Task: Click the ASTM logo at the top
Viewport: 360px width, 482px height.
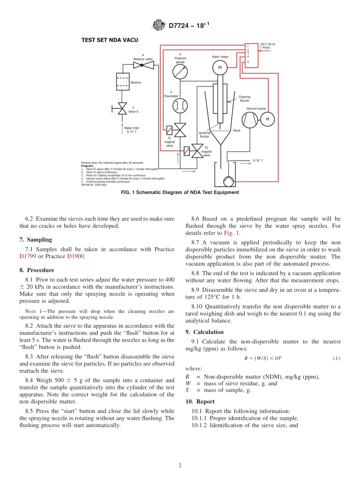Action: pos(158,25)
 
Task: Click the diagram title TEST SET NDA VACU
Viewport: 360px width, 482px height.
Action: pos(110,40)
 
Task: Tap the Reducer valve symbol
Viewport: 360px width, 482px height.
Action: pos(143,65)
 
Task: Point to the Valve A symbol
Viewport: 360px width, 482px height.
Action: pos(122,109)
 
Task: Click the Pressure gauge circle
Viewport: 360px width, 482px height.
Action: pos(180,71)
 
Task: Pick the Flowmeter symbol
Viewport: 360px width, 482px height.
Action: pos(180,106)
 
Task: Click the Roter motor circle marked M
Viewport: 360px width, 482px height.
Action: pos(220,68)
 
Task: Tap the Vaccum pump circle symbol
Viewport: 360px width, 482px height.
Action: pos(249,120)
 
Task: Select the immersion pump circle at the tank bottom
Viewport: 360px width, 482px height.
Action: pos(229,181)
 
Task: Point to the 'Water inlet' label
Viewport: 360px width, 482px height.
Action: pos(131,128)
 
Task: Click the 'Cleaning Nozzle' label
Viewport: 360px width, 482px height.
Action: pos(244,99)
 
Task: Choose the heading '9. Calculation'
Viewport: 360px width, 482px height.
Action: pos(204,332)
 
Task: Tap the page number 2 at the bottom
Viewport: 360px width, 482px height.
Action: pos(180,466)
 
